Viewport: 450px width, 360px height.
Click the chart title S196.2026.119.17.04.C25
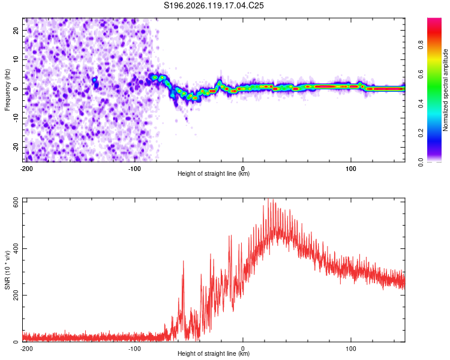pos(214,5)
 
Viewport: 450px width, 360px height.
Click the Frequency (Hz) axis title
pos(7,90)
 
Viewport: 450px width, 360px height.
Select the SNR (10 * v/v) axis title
pos(7,270)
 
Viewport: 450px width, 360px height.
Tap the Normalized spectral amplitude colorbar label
pos(445,90)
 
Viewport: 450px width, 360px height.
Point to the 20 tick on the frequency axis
pos(16,30)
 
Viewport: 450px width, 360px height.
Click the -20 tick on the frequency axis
pos(16,147)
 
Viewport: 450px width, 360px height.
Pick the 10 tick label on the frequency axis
pos(16,59)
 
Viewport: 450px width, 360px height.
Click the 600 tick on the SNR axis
pos(16,203)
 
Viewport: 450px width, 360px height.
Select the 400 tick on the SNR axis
pos(16,248)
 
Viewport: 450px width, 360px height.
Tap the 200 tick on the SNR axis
pos(16,295)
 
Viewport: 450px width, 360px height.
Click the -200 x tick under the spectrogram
pos(26,169)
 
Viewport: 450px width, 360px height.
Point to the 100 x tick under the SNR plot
pos(351,349)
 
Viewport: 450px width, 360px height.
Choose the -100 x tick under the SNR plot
pos(134,349)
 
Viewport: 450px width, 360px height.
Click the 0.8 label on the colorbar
pos(421,45)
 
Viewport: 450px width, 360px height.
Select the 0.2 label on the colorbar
pos(421,133)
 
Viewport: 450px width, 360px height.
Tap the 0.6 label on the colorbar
pos(421,74)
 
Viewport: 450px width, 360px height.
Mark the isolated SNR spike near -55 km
pos(183,261)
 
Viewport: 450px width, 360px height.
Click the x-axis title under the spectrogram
pos(214,173)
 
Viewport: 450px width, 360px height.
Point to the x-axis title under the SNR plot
pos(214,353)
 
